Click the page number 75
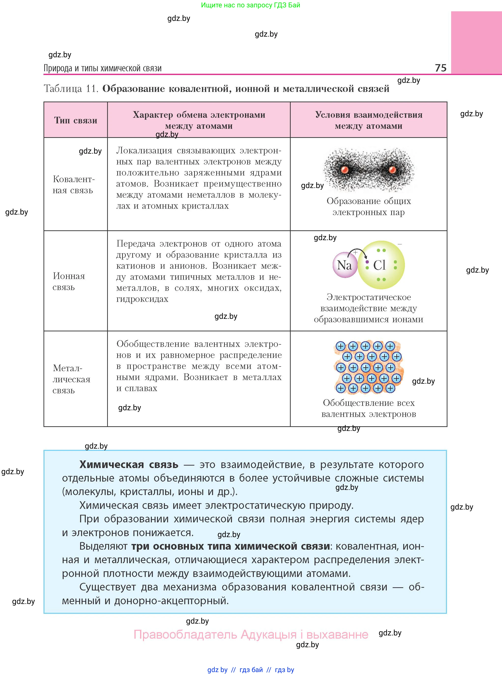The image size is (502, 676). click(x=440, y=68)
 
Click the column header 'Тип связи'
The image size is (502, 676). click(x=76, y=120)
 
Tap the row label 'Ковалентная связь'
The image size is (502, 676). click(x=73, y=185)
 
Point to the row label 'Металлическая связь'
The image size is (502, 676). click(x=72, y=379)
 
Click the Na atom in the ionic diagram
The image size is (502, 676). click(x=344, y=265)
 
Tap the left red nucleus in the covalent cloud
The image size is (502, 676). click(x=344, y=170)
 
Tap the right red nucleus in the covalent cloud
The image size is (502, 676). click(x=392, y=170)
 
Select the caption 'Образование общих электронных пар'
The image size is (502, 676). click(x=369, y=206)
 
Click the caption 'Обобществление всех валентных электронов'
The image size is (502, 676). click(x=369, y=408)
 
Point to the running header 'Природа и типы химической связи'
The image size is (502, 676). click(x=102, y=68)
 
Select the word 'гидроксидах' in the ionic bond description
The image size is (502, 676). click(x=142, y=299)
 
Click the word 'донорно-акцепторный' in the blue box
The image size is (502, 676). click(x=171, y=601)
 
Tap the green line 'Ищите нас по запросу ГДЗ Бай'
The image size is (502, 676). click(x=250, y=5)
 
